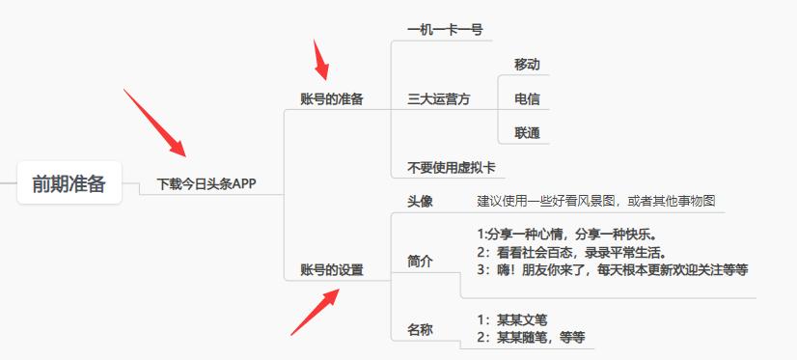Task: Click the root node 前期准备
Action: [x=69, y=183]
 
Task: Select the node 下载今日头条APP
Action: [x=206, y=183]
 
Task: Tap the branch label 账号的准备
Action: [x=332, y=98]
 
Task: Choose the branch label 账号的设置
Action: [x=332, y=269]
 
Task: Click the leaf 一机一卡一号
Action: [x=445, y=30]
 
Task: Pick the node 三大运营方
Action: [x=439, y=98]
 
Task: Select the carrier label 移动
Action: [x=527, y=65]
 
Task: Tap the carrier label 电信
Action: [x=527, y=98]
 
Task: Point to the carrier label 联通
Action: [x=527, y=132]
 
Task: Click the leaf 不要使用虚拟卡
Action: [x=452, y=167]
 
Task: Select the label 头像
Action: [x=421, y=201]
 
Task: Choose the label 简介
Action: [x=421, y=261]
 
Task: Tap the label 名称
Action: [x=421, y=329]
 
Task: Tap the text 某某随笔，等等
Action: [x=531, y=337]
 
